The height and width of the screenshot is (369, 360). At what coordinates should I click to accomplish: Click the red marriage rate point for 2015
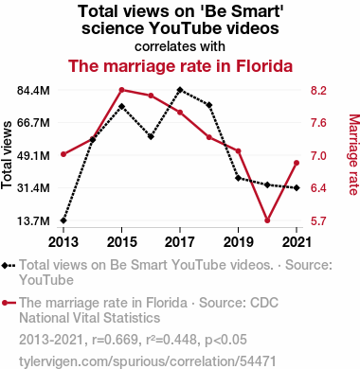pyautogui.click(x=122, y=90)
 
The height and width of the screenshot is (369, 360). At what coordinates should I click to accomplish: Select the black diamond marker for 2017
pyautogui.click(x=180, y=90)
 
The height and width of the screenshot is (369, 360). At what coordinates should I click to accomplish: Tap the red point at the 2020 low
pyautogui.click(x=267, y=220)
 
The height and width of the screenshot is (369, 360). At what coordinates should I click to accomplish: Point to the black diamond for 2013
pyautogui.click(x=63, y=220)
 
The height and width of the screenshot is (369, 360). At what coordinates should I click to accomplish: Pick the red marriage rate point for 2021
pyautogui.click(x=297, y=163)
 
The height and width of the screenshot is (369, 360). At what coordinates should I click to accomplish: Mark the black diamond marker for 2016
pyautogui.click(x=151, y=136)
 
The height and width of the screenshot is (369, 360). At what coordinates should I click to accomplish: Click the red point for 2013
pyautogui.click(x=63, y=154)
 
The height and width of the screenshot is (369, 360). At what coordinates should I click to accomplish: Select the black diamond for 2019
pyautogui.click(x=239, y=178)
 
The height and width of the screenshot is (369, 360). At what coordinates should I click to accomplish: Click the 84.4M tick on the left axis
pyautogui.click(x=33, y=91)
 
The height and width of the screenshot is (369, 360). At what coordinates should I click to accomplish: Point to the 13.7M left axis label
pyautogui.click(x=33, y=220)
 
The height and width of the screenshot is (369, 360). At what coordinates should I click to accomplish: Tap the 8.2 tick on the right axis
pyautogui.click(x=318, y=91)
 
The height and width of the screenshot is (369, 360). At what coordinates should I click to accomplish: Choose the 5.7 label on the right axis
pyautogui.click(x=318, y=220)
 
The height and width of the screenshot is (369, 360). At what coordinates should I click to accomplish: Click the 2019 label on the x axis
pyautogui.click(x=239, y=242)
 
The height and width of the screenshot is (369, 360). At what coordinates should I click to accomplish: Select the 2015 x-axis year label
pyautogui.click(x=122, y=242)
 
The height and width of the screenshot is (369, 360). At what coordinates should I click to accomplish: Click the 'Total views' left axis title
pyautogui.click(x=7, y=155)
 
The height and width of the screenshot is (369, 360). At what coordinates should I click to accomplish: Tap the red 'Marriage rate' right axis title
pyautogui.click(x=354, y=154)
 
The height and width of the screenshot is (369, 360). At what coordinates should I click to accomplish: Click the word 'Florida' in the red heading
pyautogui.click(x=264, y=66)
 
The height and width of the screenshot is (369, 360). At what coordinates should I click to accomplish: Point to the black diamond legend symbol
pyautogui.click(x=9, y=266)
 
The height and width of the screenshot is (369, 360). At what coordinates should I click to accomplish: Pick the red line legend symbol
pyautogui.click(x=9, y=303)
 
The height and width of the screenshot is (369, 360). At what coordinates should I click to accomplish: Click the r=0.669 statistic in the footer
pyautogui.click(x=115, y=340)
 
